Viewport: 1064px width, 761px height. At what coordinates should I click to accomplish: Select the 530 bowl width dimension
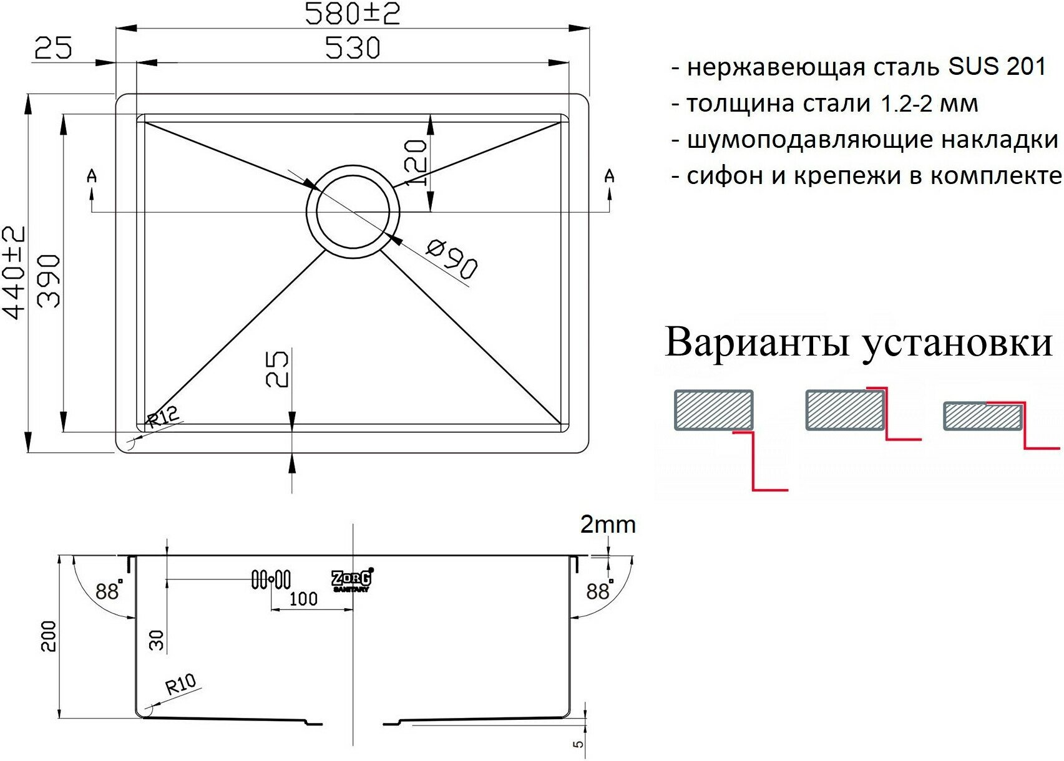point(353,48)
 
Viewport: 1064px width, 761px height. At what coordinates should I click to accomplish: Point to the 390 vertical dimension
point(49,281)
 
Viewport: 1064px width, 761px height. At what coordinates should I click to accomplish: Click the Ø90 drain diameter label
point(452,259)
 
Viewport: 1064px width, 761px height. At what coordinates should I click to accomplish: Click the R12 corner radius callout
point(163,416)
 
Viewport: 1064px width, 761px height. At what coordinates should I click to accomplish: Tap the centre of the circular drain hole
point(353,211)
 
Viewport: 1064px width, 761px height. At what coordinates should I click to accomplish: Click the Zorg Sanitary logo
point(352,580)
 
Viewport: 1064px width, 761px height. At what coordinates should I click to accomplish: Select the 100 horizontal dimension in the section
point(303,599)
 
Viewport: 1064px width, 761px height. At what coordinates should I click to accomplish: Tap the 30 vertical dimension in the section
point(157,640)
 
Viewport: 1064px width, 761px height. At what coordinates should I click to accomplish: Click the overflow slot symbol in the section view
point(271,579)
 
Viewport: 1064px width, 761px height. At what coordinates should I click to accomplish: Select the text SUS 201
point(997,67)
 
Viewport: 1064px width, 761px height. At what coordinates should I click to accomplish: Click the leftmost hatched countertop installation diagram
point(713,410)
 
